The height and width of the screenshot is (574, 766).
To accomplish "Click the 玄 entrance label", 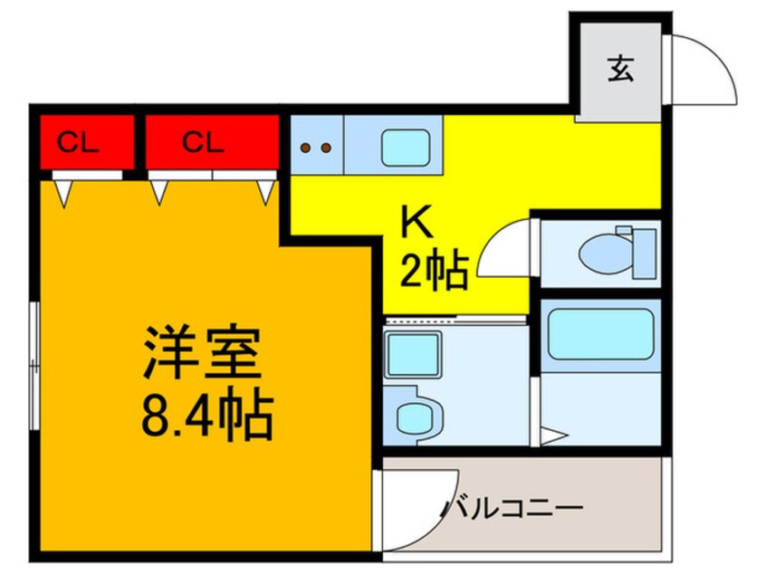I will (x=620, y=69).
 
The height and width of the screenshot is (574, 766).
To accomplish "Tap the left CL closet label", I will (x=80, y=142).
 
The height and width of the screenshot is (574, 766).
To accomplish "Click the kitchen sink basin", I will (x=405, y=147).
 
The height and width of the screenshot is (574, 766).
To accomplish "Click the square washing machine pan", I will (x=413, y=354).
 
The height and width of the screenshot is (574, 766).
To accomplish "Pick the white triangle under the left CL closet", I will (x=62, y=190).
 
